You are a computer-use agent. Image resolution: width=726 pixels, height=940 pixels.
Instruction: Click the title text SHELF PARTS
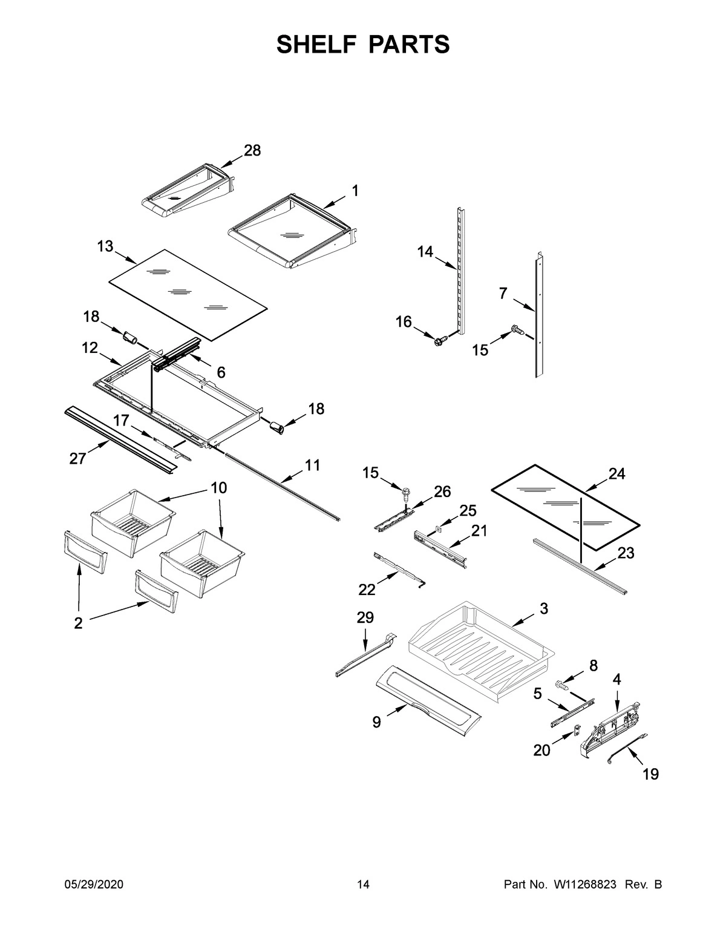pyautogui.click(x=363, y=45)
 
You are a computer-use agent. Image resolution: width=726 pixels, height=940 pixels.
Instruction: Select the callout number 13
pyautogui.click(x=105, y=246)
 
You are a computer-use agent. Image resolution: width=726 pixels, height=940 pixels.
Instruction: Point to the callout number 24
pyautogui.click(x=616, y=474)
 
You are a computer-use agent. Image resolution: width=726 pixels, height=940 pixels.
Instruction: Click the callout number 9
pyautogui.click(x=376, y=721)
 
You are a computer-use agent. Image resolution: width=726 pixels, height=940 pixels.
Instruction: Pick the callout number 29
pyautogui.click(x=365, y=617)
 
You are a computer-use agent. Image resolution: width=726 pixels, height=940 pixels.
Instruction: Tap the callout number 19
pyautogui.click(x=650, y=774)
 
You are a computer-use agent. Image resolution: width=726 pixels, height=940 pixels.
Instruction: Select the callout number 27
pyautogui.click(x=77, y=459)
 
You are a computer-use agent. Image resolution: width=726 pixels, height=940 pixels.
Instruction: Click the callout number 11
pyautogui.click(x=313, y=465)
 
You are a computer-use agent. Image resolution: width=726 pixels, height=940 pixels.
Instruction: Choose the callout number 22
pyautogui.click(x=367, y=589)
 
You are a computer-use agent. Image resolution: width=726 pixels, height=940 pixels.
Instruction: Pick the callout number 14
pyautogui.click(x=425, y=251)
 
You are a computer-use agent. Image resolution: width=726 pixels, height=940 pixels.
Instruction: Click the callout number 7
pyautogui.click(x=503, y=294)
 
